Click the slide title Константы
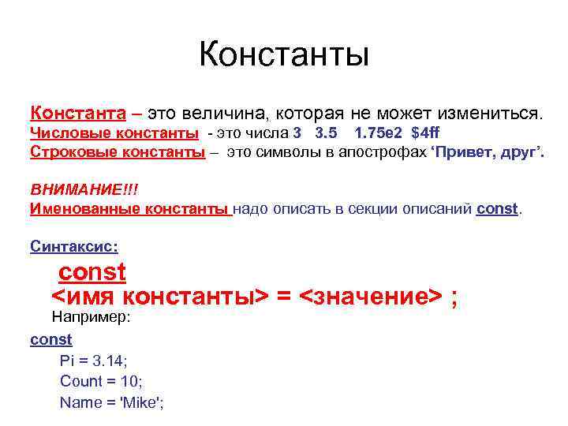coord(284,54)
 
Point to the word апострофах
coord(379,151)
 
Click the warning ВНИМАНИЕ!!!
coord(78,190)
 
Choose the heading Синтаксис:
coord(74,246)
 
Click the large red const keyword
coord(92,272)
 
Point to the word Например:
coord(90,318)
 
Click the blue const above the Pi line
coord(50,339)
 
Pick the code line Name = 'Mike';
coord(112,402)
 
